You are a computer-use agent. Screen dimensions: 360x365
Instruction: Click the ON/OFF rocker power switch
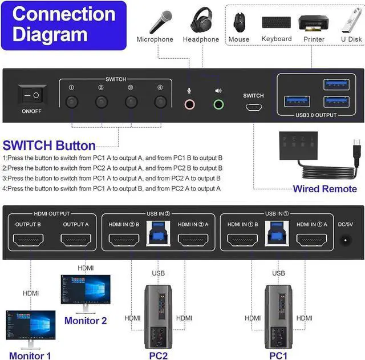(32, 95)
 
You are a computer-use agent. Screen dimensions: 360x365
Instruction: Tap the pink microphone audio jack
(190, 104)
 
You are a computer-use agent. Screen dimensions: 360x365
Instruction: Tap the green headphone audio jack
(218, 104)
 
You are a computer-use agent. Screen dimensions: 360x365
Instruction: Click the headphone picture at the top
(201, 21)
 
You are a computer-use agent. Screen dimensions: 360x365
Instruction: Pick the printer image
(313, 23)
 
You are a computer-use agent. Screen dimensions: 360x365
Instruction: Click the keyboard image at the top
(277, 22)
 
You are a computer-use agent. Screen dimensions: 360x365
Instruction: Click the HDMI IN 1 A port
(311, 240)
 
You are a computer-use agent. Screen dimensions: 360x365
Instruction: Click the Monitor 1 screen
(31, 325)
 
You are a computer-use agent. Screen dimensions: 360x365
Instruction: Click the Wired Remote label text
(325, 189)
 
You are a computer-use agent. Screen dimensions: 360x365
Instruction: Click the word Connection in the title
(63, 14)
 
